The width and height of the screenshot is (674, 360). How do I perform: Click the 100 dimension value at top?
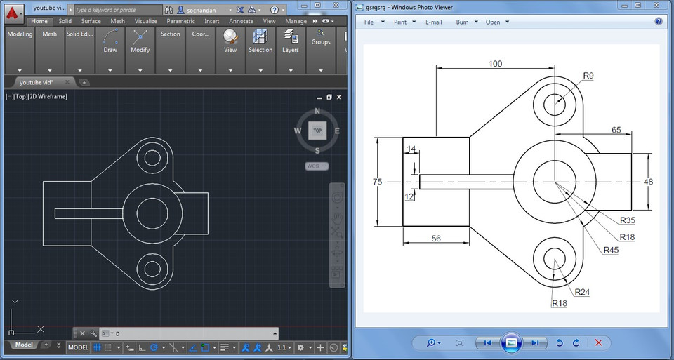pyautogui.click(x=495, y=64)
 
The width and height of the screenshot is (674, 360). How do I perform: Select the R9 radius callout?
pyautogui.click(x=588, y=76)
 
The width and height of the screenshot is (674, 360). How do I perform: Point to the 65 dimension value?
pyautogui.click(x=616, y=130)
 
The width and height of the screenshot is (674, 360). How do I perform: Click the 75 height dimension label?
pyautogui.click(x=377, y=182)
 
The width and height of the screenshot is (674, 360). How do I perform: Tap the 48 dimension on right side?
pyautogui.click(x=648, y=182)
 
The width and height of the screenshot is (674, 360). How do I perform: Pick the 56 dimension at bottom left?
pyautogui.click(x=436, y=239)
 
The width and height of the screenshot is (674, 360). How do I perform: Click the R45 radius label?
pyautogui.click(x=611, y=250)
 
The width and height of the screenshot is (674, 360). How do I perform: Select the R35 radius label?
pyautogui.click(x=627, y=220)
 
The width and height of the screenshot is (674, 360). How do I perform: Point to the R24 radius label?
pyautogui.click(x=582, y=291)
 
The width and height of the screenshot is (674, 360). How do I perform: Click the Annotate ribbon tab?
pyautogui.click(x=241, y=21)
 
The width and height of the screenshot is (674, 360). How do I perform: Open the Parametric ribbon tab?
pyautogui.click(x=180, y=21)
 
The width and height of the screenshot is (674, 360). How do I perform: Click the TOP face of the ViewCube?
pyautogui.click(x=317, y=131)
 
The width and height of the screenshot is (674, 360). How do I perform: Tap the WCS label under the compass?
pyautogui.click(x=312, y=166)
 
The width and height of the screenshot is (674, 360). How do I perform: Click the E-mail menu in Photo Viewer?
pyautogui.click(x=433, y=22)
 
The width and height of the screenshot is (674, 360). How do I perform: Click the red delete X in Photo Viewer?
pyautogui.click(x=598, y=342)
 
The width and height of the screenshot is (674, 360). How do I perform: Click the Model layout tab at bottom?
pyautogui.click(x=24, y=345)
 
